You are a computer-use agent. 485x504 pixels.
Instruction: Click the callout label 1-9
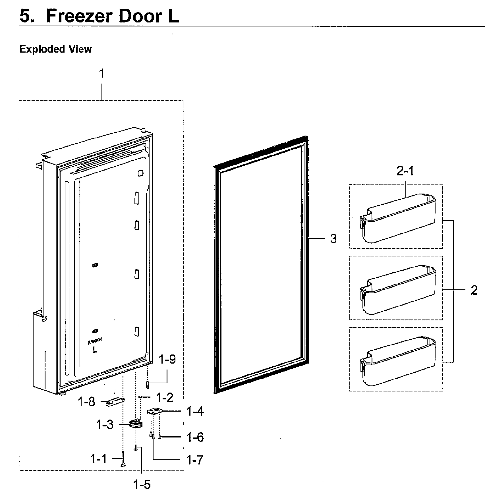point(167,360)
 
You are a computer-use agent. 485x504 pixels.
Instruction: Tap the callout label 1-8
point(86,402)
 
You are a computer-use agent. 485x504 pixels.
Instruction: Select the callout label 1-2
point(165,397)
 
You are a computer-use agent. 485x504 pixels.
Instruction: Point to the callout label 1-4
point(195,411)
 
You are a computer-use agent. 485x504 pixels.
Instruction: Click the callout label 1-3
point(105,425)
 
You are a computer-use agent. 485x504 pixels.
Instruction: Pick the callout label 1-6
point(195,437)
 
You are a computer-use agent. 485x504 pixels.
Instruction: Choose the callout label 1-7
point(195,460)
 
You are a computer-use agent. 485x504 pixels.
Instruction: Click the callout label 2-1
point(405,171)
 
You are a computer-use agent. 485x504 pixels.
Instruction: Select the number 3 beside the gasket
point(333,239)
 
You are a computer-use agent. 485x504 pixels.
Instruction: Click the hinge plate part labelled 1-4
point(154,412)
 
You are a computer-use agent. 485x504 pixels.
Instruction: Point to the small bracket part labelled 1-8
point(115,402)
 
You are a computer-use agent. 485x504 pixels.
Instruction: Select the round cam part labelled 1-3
point(135,424)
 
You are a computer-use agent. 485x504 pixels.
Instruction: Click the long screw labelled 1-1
point(123,461)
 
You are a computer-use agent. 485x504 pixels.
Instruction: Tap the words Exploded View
point(56,49)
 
